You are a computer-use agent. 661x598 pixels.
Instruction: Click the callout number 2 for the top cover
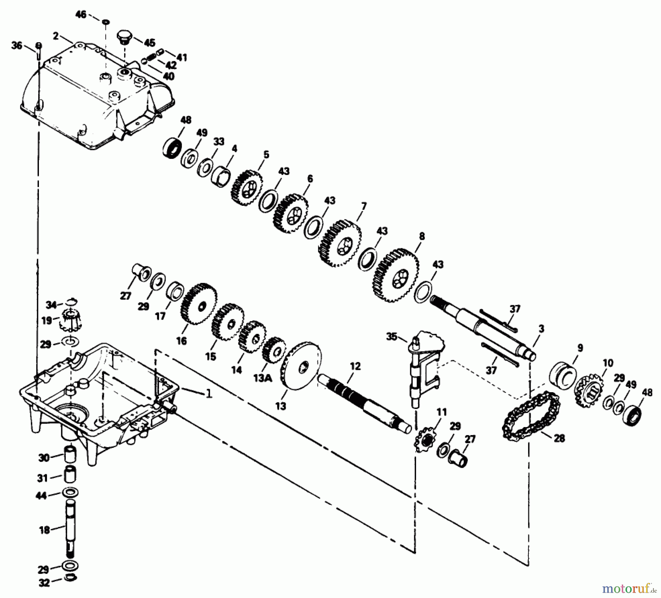[56, 36]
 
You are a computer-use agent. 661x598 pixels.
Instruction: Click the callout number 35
[392, 336]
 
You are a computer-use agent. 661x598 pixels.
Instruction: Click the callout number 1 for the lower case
[209, 394]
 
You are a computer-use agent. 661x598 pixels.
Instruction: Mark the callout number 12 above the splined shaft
[355, 366]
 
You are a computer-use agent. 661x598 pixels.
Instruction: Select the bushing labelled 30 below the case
[70, 455]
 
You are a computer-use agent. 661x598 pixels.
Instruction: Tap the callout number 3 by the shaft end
[541, 329]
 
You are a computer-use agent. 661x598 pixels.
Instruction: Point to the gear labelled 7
[340, 244]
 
